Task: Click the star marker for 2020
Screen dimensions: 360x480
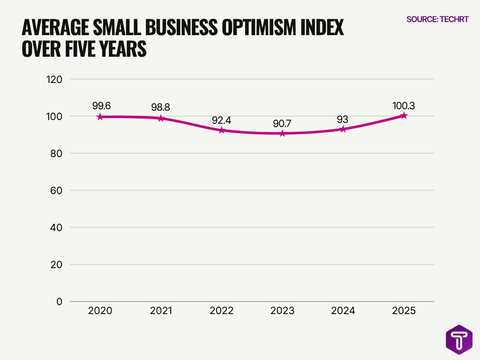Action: click(x=100, y=117)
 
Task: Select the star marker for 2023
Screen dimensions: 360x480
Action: click(x=282, y=134)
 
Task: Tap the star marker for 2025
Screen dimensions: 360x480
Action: click(x=404, y=115)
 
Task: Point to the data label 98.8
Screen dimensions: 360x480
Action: click(x=160, y=107)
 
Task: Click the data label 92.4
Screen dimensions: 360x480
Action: click(x=221, y=120)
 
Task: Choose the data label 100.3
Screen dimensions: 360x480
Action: click(x=404, y=105)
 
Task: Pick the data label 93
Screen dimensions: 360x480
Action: click(x=343, y=119)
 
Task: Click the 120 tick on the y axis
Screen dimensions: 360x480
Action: click(x=55, y=79)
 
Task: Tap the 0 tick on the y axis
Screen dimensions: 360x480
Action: click(x=60, y=301)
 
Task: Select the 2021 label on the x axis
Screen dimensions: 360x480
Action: click(x=161, y=311)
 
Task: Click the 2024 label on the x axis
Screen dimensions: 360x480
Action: click(x=343, y=311)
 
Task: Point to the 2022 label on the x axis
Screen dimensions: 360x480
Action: click(x=221, y=311)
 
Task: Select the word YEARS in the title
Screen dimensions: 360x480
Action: click(x=121, y=49)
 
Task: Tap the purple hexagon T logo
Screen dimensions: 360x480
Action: click(x=459, y=339)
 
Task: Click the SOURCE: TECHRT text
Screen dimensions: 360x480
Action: click(x=437, y=19)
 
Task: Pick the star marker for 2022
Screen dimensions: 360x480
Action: click(x=222, y=130)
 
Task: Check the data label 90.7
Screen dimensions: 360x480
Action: click(x=282, y=124)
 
